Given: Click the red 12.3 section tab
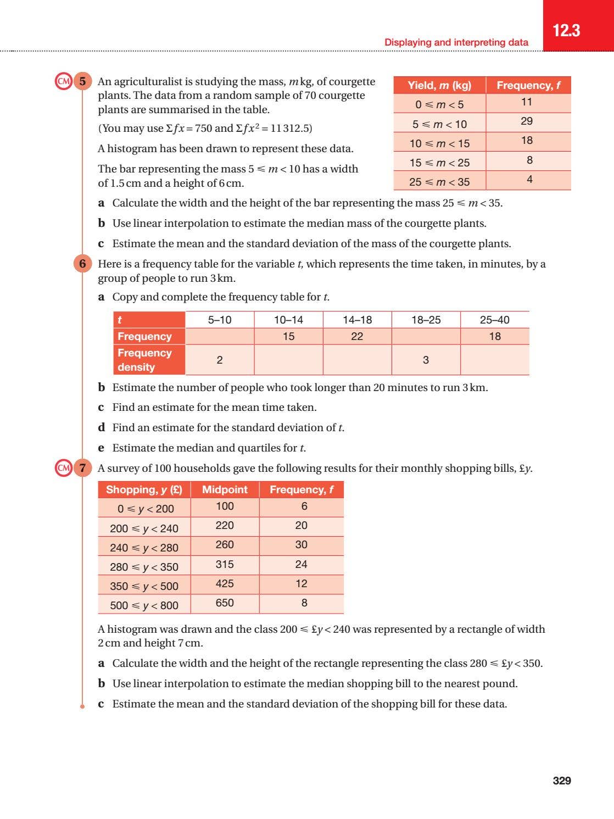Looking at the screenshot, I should [566, 30].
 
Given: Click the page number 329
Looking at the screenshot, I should [561, 781].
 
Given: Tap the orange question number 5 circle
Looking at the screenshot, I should [82, 82].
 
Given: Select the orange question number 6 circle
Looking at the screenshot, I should [82, 264].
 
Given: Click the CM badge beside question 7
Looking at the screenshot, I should [64, 468].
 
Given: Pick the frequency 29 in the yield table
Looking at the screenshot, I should [527, 121].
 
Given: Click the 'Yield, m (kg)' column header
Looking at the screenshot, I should [439, 85].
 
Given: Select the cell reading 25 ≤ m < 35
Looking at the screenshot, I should [439, 182].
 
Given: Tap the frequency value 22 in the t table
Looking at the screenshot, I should [357, 336].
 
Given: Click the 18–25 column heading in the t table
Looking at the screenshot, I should [426, 320].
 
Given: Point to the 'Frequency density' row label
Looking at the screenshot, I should [144, 360].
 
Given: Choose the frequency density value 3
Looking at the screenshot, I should [426, 360].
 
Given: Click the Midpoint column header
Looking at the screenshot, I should [225, 489].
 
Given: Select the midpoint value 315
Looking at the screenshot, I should [225, 564].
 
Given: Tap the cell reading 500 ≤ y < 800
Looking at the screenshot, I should [144, 605].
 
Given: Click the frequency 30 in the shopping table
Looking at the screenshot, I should [301, 545].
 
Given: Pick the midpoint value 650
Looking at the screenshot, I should [225, 603].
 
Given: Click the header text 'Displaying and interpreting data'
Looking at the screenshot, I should [456, 42].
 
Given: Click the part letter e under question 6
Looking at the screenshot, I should [101, 448].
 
